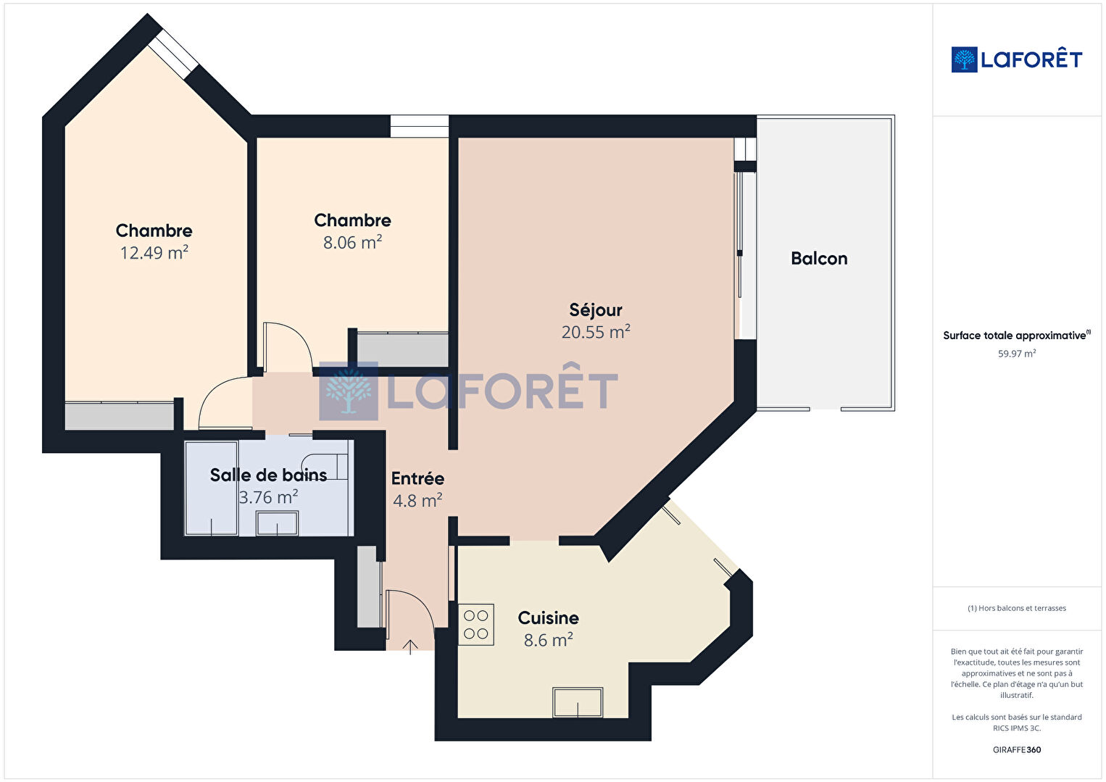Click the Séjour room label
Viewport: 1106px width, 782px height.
click(596, 310)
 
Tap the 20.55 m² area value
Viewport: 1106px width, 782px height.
click(596, 332)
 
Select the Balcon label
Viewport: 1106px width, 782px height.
click(819, 258)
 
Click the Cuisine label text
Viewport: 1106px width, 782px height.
click(548, 617)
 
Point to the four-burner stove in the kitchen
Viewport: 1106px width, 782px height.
click(476, 625)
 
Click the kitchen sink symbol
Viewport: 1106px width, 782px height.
click(578, 702)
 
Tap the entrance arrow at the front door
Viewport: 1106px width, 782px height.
click(410, 647)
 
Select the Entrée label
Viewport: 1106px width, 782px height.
click(417, 478)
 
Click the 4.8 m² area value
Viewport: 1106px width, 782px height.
click(417, 501)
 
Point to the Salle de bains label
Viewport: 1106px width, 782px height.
click(269, 475)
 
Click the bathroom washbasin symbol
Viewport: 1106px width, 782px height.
click(277, 523)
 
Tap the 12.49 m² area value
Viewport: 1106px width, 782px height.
click(154, 253)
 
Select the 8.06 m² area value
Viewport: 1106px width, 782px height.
click(352, 242)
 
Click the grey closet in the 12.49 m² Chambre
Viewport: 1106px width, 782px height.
click(120, 416)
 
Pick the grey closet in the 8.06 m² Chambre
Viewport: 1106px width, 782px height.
click(403, 349)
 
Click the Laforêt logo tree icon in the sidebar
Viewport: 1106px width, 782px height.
click(964, 59)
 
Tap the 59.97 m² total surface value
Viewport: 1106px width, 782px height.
click(1017, 354)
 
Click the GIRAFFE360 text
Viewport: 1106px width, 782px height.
click(1017, 749)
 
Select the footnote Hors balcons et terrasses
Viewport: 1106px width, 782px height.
click(1017, 608)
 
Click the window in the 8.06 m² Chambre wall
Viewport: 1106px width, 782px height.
click(419, 126)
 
